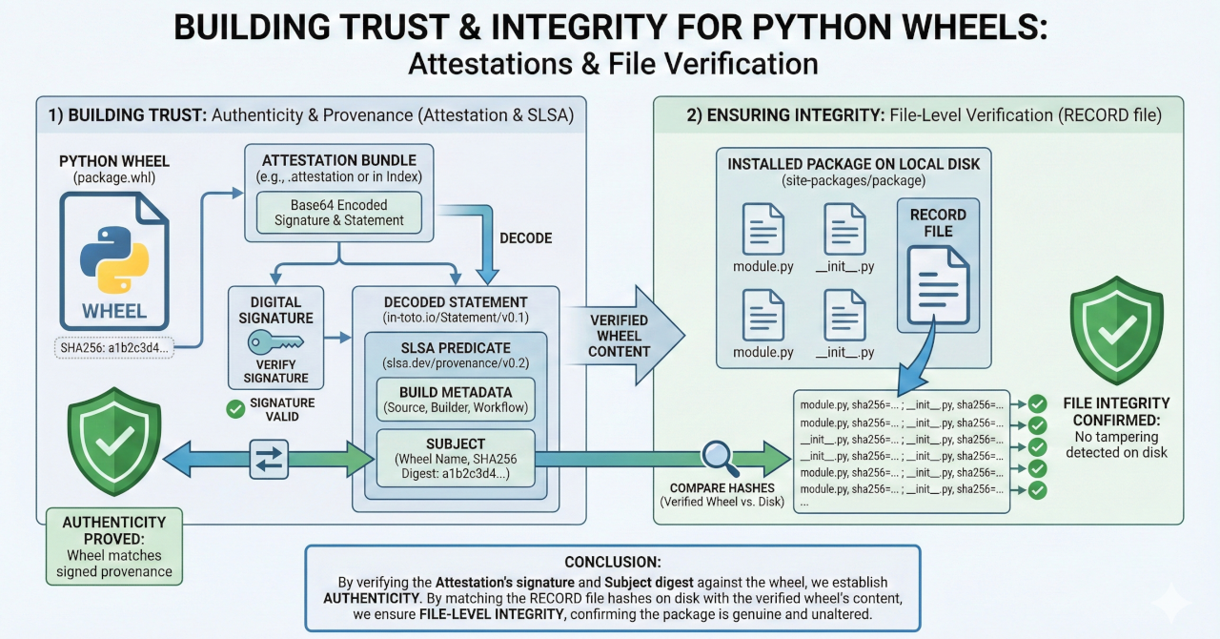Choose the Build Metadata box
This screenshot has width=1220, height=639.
tap(455, 400)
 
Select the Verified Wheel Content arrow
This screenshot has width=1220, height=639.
tap(623, 335)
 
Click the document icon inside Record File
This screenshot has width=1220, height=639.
tap(938, 283)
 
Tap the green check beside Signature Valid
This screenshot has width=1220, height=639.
tap(235, 409)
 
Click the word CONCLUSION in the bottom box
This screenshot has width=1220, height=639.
tap(611, 562)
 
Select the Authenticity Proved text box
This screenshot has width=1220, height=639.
tap(114, 546)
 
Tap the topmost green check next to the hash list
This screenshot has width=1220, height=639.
tap(1036, 403)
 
